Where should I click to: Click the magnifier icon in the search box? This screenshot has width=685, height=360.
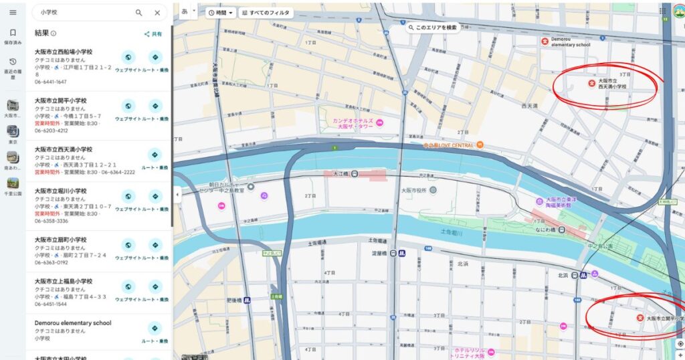click(139, 13)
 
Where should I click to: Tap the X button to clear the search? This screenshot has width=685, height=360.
click(157, 13)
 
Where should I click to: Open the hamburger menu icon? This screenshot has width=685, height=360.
click(13, 13)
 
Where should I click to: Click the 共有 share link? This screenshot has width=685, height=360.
click(153, 33)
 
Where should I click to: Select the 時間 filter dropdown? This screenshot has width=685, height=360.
click(221, 13)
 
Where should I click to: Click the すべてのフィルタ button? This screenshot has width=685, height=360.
click(266, 13)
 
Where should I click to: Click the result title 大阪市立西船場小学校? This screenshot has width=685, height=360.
click(64, 52)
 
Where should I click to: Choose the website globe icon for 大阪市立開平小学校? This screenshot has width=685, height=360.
click(128, 106)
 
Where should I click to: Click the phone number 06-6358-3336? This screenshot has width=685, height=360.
click(51, 221)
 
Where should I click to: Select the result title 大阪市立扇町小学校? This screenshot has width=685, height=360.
click(60, 240)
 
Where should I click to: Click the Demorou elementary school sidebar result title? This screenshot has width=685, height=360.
click(73, 323)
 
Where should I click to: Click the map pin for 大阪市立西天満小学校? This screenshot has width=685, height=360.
click(591, 83)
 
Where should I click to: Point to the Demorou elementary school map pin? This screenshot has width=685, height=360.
click(545, 41)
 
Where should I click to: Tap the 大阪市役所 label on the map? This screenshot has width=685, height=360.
click(413, 190)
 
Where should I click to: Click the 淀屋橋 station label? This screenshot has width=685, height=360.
click(379, 254)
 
